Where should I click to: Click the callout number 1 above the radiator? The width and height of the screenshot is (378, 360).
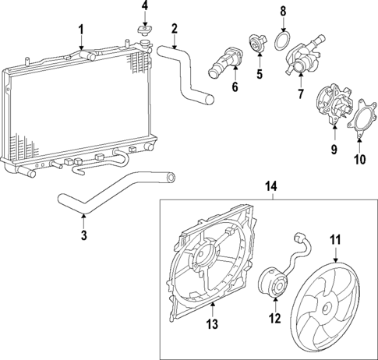click(81, 30)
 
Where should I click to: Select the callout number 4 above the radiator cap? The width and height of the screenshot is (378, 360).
click(143, 7)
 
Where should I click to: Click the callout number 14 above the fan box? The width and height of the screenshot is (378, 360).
click(271, 187)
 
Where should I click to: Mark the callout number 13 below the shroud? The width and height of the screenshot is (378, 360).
click(210, 323)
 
